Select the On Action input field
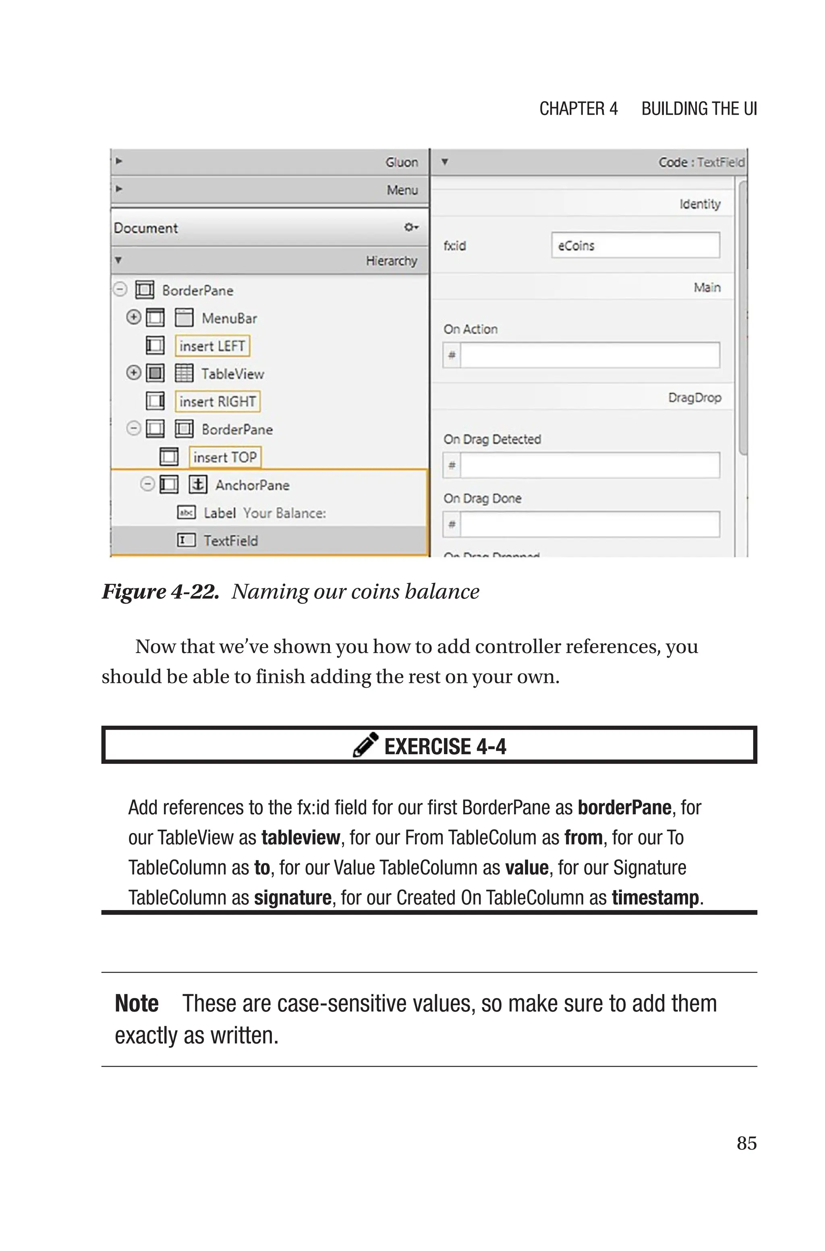coord(589,355)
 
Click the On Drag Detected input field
coord(589,465)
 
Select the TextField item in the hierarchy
coord(230,541)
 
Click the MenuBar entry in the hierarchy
coord(229,318)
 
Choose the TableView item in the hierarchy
coord(232,374)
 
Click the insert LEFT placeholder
coord(212,346)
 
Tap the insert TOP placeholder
coord(225,457)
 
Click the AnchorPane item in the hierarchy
coord(252,485)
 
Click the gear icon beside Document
coord(410,227)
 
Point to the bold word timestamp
coord(655,898)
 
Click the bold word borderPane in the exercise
coord(624,807)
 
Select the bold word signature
coord(292,898)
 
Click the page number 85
coord(746,1143)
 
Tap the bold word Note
coord(136,1004)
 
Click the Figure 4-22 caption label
coord(160,592)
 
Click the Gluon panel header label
coord(402,162)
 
